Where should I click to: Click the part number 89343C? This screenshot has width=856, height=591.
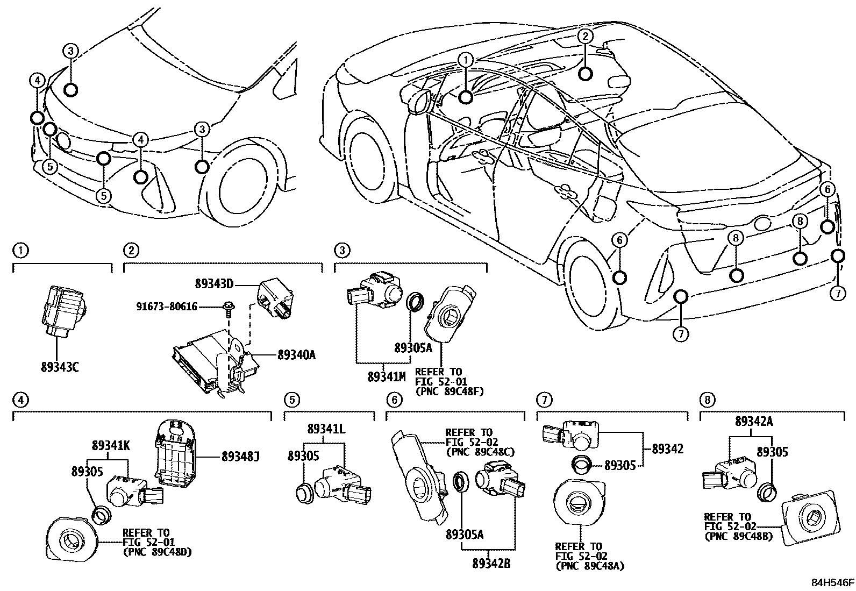coord(59,368)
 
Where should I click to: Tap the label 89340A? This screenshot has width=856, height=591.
coord(296,354)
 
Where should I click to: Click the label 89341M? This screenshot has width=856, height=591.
coord(386,376)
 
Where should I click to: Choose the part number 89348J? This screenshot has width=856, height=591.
coord(240,457)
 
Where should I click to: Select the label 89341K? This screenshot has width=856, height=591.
coord(110,445)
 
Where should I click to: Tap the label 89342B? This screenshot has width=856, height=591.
coord(491,564)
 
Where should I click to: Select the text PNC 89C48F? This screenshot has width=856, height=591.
coord(450,391)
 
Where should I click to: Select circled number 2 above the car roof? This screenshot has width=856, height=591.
coord(586,36)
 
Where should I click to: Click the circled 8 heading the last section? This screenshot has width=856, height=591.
coord(707,400)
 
